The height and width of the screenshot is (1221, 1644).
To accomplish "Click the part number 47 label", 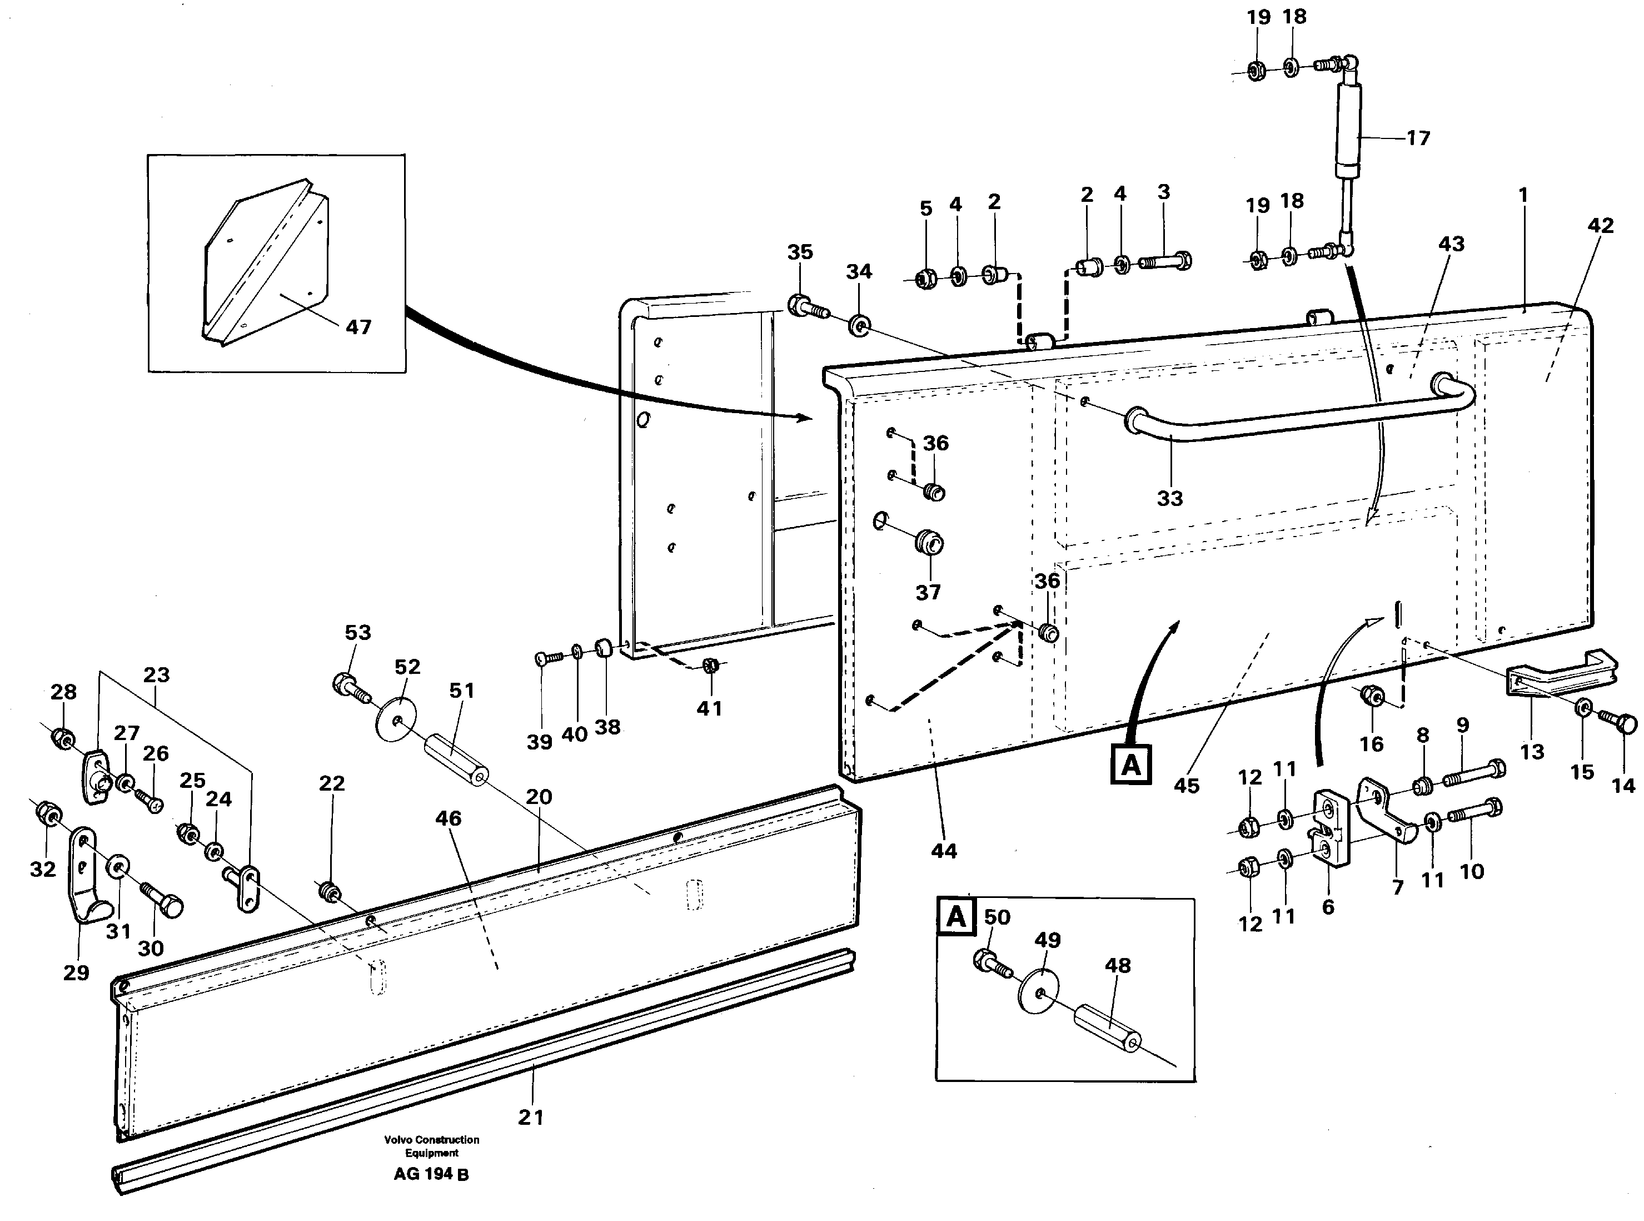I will point(358,327).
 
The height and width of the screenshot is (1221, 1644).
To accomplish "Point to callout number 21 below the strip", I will point(531,1117).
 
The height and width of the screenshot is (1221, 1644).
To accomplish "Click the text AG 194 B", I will point(431,1174).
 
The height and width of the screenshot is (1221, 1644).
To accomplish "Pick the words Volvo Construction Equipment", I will point(431,1145).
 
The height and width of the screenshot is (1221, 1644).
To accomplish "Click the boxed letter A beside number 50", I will point(955,917).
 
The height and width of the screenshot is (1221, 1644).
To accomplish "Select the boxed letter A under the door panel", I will point(1130,765).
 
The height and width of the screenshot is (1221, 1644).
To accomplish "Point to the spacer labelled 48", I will point(1105,1029).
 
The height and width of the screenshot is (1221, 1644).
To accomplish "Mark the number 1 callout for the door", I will point(1523,196).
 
